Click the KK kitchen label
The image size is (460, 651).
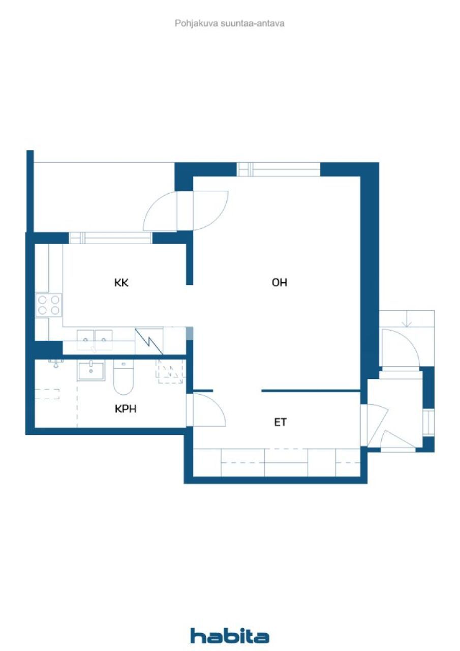click(x=121, y=283)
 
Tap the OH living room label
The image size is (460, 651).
click(x=279, y=283)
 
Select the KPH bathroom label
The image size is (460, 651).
click(x=126, y=408)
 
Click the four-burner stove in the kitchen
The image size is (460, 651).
click(x=49, y=305)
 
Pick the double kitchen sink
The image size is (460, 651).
click(x=95, y=337)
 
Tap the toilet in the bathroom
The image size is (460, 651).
click(x=123, y=378)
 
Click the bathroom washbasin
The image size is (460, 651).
click(x=91, y=371)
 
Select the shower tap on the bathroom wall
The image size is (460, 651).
click(x=55, y=363)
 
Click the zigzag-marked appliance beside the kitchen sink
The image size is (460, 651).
click(x=149, y=341)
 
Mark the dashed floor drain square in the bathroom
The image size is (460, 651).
click(x=169, y=371)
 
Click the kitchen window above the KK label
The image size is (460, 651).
click(x=110, y=238)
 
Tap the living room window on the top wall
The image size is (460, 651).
click(x=279, y=169)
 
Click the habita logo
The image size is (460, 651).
click(x=230, y=636)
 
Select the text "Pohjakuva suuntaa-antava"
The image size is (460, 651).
click(x=230, y=23)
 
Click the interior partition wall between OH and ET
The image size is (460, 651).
click(x=311, y=391)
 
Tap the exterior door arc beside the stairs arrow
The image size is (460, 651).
click(x=400, y=347)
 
